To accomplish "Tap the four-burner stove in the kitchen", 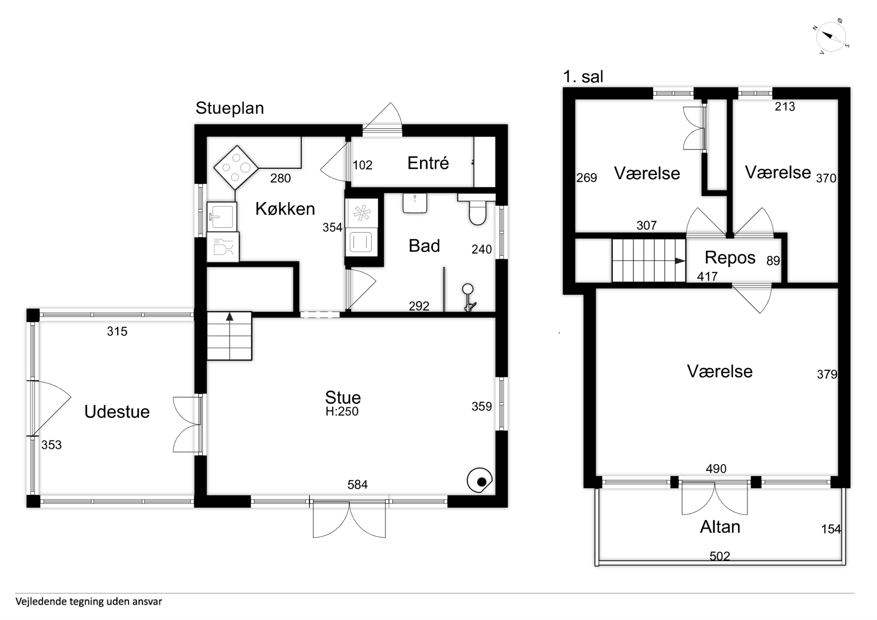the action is tap(236, 167).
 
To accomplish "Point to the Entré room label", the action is tap(428, 163).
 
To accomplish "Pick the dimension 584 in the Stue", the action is tap(357, 485).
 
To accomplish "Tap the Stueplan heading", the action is tap(230, 108).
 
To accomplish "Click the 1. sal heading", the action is tap(583, 77).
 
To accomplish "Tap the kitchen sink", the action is tap(222, 217).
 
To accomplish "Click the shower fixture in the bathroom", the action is tap(468, 297).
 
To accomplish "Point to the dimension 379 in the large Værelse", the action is tap(827, 374).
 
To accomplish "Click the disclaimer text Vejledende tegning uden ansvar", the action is tap(89, 602).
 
